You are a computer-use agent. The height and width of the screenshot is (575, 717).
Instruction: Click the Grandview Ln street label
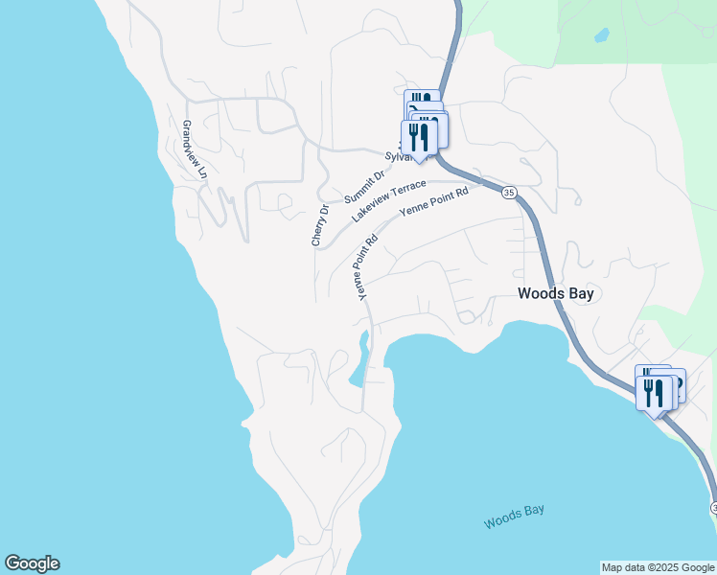pyautogui.click(x=194, y=150)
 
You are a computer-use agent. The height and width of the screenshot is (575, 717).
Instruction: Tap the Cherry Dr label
pyautogui.click(x=319, y=224)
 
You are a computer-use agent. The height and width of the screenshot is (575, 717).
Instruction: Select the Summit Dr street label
pyautogui.click(x=363, y=186)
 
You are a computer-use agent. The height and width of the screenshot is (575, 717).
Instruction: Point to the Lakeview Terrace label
pyautogui.click(x=388, y=199)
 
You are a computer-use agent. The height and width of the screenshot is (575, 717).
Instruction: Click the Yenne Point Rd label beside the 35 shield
pyautogui.click(x=434, y=202)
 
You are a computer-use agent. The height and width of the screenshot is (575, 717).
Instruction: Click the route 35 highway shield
pyautogui.click(x=508, y=193)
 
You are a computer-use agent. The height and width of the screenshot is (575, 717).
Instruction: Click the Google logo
pyautogui.click(x=32, y=563)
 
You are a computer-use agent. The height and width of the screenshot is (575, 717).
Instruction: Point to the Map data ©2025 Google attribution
pyautogui.click(x=658, y=567)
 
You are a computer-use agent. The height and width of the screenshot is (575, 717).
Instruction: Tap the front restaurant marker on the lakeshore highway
pyautogui.click(x=654, y=393)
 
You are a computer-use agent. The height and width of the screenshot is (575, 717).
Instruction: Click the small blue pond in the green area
pyautogui.click(x=601, y=36)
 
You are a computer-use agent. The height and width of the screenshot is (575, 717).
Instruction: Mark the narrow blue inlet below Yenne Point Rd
pyautogui.click(x=360, y=360)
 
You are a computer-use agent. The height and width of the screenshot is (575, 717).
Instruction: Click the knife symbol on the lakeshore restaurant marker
pyautogui.click(x=659, y=392)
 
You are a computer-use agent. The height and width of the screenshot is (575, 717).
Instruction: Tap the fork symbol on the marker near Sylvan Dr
pyautogui.click(x=413, y=133)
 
